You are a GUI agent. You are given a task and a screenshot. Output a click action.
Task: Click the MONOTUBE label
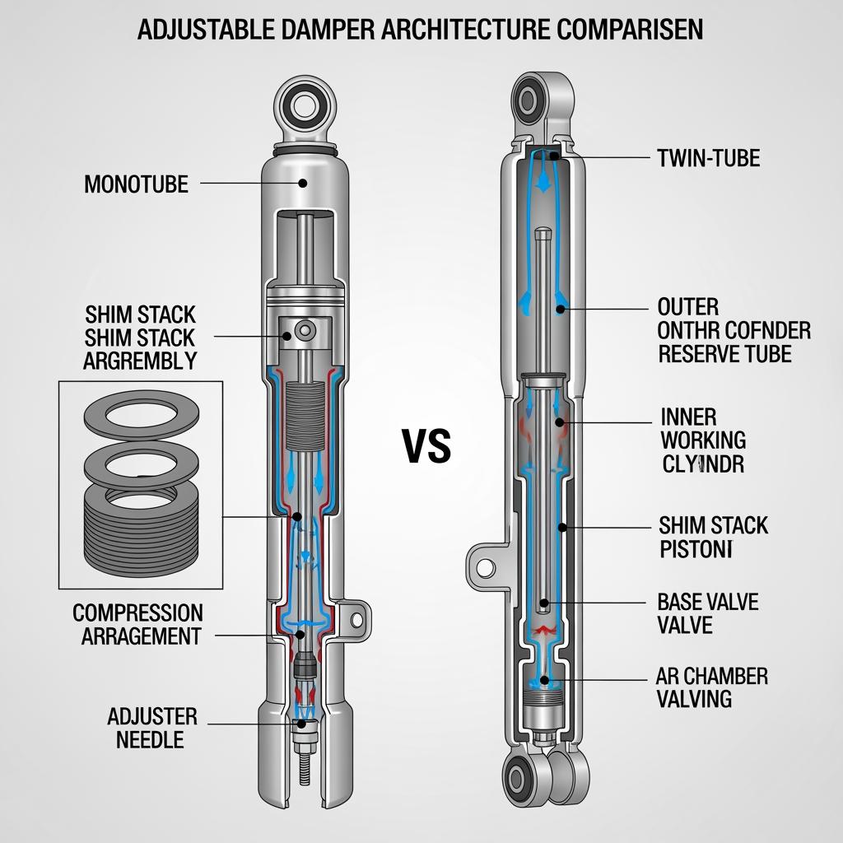(x=136, y=184)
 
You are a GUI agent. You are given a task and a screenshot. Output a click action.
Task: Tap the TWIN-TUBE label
(x=708, y=158)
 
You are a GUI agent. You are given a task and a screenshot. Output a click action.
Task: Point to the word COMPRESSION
(x=137, y=613)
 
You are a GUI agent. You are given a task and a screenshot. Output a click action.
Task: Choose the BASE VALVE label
(x=708, y=602)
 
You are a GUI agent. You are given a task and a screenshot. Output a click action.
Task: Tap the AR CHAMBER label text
(x=712, y=677)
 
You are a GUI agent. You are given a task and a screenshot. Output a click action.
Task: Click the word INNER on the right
(x=688, y=417)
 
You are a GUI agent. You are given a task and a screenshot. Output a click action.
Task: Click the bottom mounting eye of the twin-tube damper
(x=519, y=777)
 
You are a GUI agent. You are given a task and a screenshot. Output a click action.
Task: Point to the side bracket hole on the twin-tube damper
(x=486, y=567)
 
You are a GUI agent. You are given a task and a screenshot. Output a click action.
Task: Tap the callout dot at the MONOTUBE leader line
(x=303, y=184)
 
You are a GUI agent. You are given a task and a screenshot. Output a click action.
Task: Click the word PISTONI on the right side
(x=696, y=549)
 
